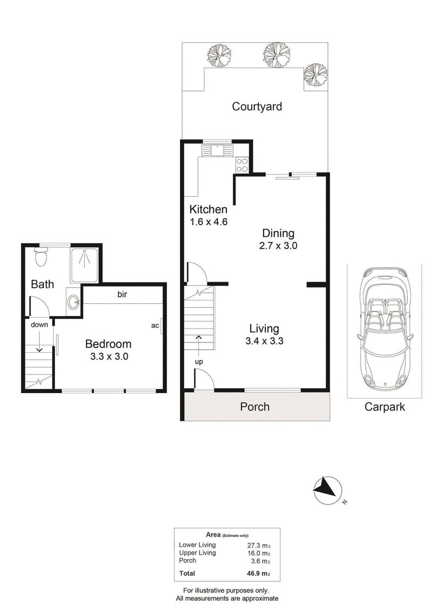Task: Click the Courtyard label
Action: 257,107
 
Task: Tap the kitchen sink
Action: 217,150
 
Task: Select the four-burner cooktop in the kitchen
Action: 241,165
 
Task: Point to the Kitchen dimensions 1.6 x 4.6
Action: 209,222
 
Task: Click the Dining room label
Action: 278,233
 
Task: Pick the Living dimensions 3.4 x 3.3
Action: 264,341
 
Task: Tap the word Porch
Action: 255,407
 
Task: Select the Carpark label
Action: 384,407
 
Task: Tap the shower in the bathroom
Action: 84,265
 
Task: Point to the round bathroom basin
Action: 73,302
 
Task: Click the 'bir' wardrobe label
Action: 122,294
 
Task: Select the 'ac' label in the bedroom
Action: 155,326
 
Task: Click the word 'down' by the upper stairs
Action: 39,325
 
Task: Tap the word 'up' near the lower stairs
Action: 199,362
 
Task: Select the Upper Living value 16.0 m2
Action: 259,553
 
